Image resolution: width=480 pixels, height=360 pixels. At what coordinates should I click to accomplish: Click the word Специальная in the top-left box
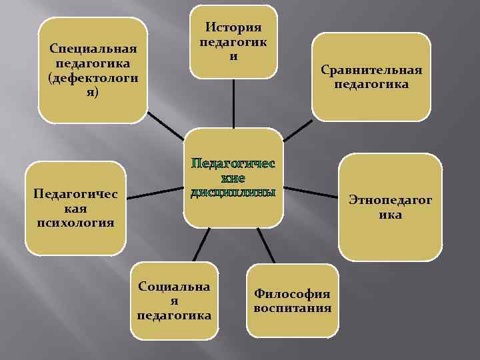93,49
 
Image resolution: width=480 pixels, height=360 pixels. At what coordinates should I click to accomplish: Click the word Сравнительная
371,70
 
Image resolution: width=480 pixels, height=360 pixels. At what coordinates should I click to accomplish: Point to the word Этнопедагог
391,201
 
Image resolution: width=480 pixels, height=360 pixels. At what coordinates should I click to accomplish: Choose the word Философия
292,294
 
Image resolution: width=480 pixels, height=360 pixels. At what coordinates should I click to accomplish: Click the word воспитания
292,308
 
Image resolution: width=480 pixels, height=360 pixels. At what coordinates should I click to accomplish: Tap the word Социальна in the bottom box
173,286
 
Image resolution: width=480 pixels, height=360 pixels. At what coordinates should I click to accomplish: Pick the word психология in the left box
75,222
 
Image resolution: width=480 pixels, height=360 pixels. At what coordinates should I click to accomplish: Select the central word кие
233,179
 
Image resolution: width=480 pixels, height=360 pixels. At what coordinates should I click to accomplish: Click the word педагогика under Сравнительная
371,85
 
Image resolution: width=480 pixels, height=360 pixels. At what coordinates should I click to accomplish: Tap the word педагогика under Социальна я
173,315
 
